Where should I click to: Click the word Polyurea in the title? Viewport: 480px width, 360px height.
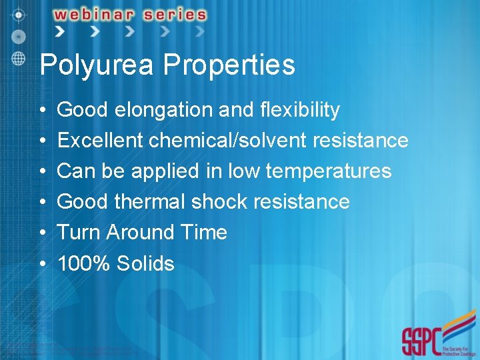tap(98, 65)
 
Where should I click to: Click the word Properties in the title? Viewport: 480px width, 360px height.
tap(229, 65)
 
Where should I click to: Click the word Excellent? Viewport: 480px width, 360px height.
tap(100, 141)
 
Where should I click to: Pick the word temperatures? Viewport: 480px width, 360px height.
tap(328, 171)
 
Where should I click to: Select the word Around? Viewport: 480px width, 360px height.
tap(138, 233)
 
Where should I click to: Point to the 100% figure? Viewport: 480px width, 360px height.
tap(84, 263)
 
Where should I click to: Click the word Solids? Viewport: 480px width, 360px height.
tap(145, 263)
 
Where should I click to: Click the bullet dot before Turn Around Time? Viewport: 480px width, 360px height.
tap(42, 233)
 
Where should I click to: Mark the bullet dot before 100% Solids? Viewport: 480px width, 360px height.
tap(42, 264)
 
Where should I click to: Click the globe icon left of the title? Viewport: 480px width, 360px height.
tap(18, 57)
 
